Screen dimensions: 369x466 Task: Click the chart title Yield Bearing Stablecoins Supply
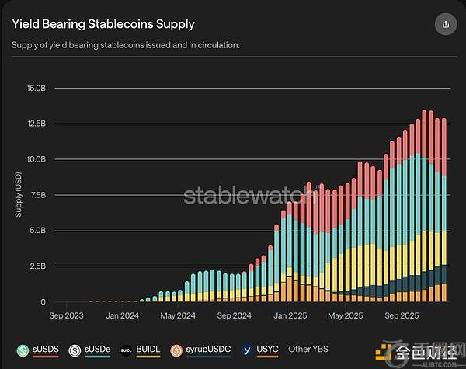103,25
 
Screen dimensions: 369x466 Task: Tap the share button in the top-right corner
445,24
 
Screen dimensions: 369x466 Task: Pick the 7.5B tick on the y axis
37,195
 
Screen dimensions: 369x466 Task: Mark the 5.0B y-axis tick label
37,231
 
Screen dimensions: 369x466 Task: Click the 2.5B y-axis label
37,266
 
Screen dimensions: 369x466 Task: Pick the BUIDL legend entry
143,350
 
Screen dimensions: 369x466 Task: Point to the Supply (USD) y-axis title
19,194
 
